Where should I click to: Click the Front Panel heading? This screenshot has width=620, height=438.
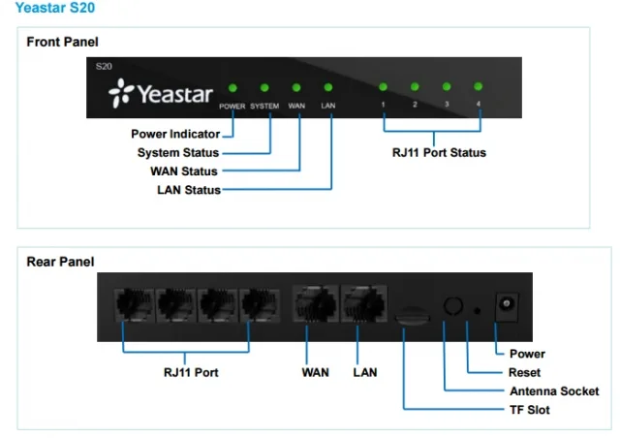[x=62, y=42]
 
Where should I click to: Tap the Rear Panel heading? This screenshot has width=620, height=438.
[x=59, y=262]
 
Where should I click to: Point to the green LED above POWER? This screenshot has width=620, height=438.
[x=232, y=87]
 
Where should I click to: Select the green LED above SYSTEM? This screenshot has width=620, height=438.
[x=264, y=87]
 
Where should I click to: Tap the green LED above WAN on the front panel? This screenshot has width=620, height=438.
[x=297, y=87]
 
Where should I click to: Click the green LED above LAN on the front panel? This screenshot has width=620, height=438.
[x=328, y=87]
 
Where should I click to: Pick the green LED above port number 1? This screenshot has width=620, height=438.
[x=384, y=87]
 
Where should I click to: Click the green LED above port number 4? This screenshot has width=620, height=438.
[x=478, y=87]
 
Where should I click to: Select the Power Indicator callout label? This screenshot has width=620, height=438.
[x=175, y=134]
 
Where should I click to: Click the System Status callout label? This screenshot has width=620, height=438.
[x=178, y=152]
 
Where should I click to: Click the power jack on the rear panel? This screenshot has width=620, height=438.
[x=504, y=305]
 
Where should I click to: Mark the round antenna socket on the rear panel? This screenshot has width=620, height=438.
[x=449, y=304]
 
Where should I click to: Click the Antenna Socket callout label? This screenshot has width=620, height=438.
[x=553, y=391]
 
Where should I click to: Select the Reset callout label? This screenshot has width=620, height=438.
[x=524, y=372]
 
